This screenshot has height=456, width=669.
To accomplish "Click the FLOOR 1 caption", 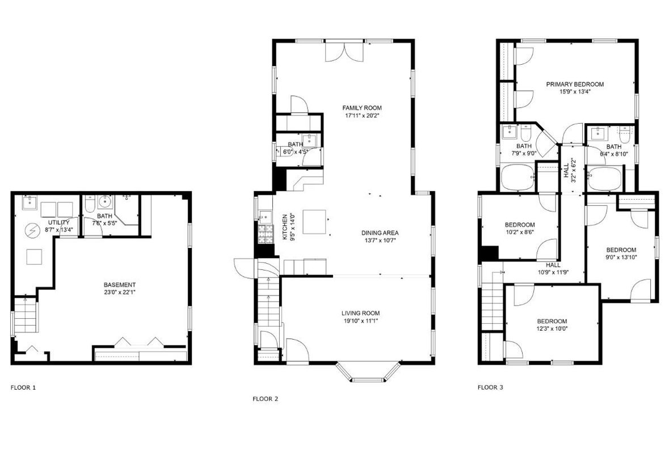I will [23, 388].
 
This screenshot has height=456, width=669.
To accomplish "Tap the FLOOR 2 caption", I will [265, 399].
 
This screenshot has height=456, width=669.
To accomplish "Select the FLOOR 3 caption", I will [490, 388].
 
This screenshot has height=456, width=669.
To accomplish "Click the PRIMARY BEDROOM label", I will [575, 85].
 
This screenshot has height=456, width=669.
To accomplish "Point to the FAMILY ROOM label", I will [361, 108].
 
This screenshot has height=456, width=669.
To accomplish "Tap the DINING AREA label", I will [380, 233].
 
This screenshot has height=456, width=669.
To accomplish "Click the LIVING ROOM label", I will [360, 313].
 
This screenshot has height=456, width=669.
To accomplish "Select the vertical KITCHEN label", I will [285, 226].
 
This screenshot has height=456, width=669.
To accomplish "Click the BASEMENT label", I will [119, 285].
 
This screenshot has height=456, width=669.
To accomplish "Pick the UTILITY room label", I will [58, 222].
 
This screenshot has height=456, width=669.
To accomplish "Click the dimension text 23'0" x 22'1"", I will [119, 293].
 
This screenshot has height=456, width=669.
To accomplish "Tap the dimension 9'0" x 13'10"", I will [621, 257].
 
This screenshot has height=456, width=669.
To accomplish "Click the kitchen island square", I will [315, 222].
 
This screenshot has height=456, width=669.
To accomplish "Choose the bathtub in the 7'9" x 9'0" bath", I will [517, 178].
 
